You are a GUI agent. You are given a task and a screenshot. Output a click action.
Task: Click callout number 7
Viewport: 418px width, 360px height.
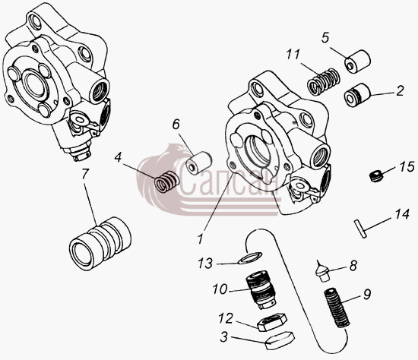[x=85, y=175]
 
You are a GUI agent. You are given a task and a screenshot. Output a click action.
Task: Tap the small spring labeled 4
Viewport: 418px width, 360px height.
[x=167, y=182]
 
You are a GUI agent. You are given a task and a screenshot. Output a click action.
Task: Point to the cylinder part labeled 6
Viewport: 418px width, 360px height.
[x=199, y=163]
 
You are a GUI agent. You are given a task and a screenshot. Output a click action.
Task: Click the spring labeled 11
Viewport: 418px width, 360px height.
[x=324, y=81]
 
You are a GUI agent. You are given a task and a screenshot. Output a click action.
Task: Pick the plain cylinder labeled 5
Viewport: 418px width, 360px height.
[x=358, y=61]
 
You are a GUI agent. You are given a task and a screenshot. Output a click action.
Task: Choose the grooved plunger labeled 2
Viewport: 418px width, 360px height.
[x=357, y=95]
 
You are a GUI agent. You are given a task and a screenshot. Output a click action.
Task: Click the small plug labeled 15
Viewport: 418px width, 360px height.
[x=376, y=176]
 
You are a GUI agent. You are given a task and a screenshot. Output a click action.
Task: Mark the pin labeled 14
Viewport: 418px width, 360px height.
[x=360, y=229]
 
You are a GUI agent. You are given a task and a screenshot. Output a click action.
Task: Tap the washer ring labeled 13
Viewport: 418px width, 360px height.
[x=249, y=258]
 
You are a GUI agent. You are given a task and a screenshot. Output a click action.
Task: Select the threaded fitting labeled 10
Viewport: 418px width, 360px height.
[x=261, y=289]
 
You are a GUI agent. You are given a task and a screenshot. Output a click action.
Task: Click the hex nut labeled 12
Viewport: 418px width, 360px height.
[x=272, y=322]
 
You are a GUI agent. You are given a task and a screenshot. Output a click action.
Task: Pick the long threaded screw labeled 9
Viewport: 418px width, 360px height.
[x=337, y=308]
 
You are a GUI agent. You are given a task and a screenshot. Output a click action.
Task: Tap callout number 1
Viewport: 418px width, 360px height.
[x=200, y=238]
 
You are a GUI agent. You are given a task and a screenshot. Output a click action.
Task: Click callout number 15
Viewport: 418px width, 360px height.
[x=407, y=167]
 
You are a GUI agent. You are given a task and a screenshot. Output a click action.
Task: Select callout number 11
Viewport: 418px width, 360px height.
[x=293, y=55]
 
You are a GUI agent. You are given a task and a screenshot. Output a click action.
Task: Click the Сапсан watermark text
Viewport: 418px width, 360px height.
[x=230, y=183]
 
